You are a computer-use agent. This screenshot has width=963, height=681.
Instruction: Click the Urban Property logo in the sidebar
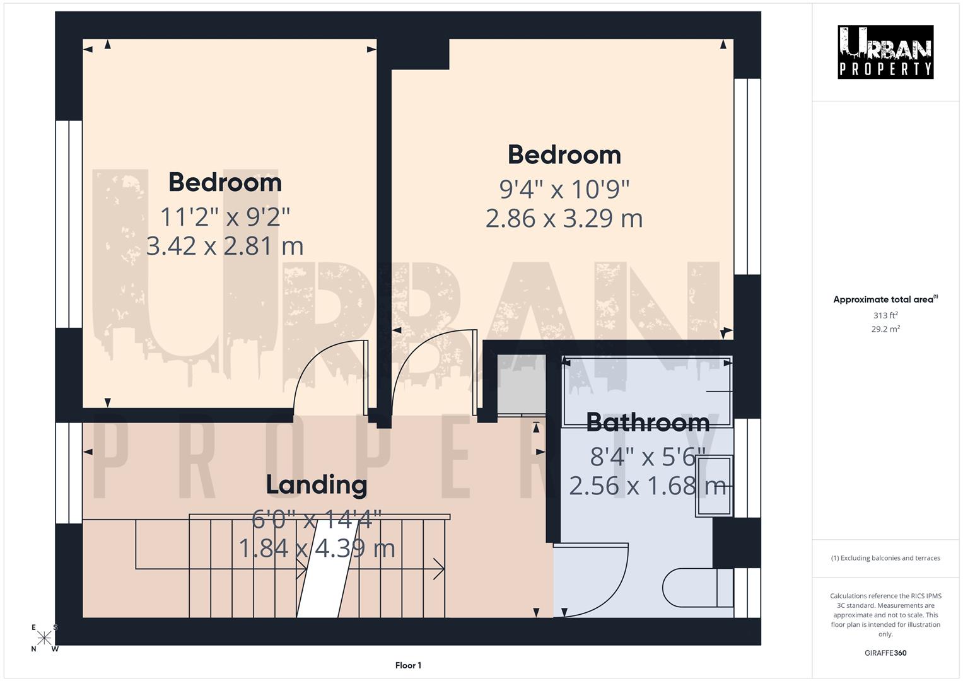pyautogui.click(x=885, y=52)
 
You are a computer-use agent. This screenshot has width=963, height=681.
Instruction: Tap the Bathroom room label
pyautogui.click(x=648, y=422)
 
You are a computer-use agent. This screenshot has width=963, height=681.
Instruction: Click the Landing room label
pyautogui.click(x=316, y=484)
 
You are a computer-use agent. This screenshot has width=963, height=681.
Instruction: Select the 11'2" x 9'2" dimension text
pyautogui.click(x=225, y=217)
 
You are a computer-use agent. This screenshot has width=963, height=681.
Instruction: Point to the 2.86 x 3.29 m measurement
pyautogui.click(x=564, y=218)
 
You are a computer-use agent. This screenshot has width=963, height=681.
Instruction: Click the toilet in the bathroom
pyautogui.click(x=694, y=588)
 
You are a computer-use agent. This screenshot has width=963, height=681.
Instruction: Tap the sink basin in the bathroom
pyautogui.click(x=714, y=486)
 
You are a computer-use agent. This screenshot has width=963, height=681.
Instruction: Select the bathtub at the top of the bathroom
pyautogui.click(x=647, y=391)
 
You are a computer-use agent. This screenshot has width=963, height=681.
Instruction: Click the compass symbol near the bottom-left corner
pyautogui.click(x=44, y=638)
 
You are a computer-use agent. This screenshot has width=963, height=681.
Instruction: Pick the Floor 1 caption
pyautogui.click(x=408, y=665)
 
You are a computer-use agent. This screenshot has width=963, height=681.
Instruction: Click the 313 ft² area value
pyautogui.click(x=885, y=315)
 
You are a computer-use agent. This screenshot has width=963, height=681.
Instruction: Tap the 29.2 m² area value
pyautogui.click(x=885, y=329)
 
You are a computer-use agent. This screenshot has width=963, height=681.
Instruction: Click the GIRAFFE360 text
pyautogui.click(x=885, y=653)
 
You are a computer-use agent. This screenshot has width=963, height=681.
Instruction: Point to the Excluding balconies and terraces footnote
pyautogui.click(x=885, y=558)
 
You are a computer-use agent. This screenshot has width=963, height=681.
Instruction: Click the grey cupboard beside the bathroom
pyautogui.click(x=521, y=385)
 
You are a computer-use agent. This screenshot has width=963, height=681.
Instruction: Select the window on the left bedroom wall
pyautogui.click(x=69, y=224)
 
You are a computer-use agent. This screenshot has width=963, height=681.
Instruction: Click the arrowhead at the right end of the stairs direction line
pyautogui.click(x=440, y=569)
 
